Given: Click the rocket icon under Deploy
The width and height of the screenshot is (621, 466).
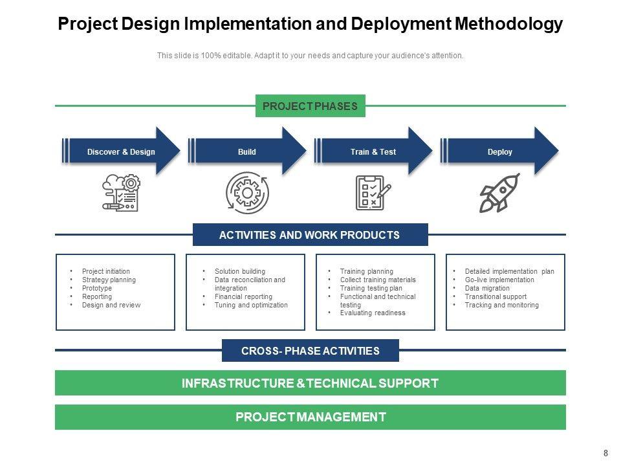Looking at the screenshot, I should pos(499,193).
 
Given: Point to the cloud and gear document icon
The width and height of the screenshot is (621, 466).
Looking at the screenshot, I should pos(121,193).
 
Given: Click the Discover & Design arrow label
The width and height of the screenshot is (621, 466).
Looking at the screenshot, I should pos(121,152).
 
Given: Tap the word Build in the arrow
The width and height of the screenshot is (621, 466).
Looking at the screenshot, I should pos(247,152).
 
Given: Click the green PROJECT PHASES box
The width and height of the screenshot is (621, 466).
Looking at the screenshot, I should pos(310,106).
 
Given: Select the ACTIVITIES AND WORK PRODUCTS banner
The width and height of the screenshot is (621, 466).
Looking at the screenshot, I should pos(310,235).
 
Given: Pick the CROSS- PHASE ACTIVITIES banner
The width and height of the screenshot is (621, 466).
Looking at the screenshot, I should pos(310,351).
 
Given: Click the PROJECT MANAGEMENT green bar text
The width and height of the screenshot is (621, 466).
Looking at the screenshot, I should pos(310,417).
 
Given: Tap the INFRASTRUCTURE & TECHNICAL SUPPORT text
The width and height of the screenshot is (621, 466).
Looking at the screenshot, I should pos(310,383).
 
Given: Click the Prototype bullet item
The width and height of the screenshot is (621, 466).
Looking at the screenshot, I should pos(97,288).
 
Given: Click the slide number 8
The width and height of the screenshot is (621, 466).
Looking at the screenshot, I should pos(605,453).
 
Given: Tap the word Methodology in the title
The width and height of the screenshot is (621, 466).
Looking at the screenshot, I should pos(509,25).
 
